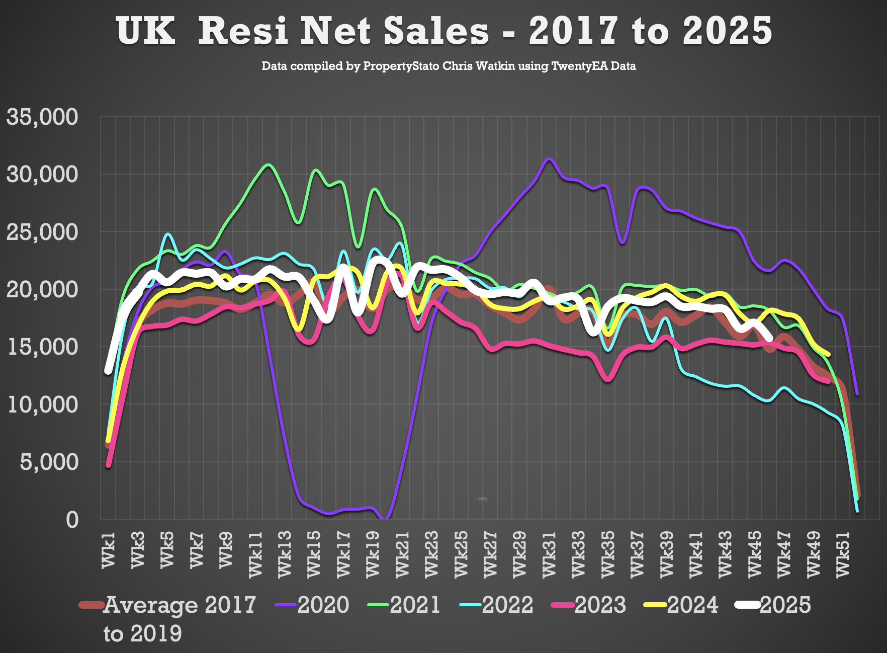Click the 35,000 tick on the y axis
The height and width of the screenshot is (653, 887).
coord(42,117)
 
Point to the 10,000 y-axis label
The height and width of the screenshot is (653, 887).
coord(42,404)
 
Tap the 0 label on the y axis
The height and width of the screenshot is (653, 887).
coord(72,520)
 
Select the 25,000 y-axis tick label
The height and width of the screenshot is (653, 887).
coord(42,232)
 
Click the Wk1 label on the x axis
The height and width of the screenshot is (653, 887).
coord(109,553)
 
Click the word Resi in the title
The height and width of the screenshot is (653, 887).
coord(243,31)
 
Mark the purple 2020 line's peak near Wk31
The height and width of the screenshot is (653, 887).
coord(549,158)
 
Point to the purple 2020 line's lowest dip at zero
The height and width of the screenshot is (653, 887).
coord(385,519)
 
